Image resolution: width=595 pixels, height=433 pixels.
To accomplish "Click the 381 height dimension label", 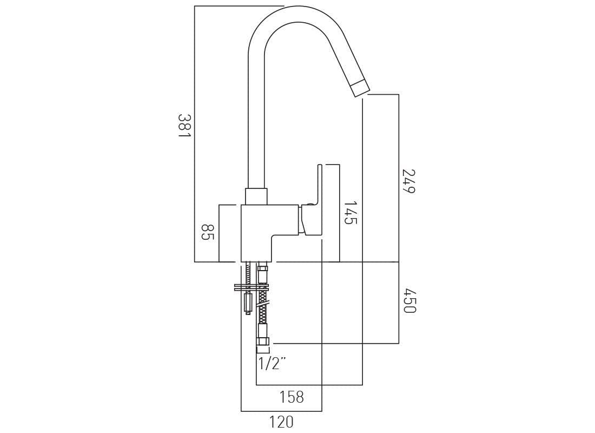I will tap(184, 126).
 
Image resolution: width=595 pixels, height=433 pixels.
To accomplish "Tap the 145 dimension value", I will tap(351, 213).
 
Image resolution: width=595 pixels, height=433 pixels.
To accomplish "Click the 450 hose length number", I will tap(409, 301).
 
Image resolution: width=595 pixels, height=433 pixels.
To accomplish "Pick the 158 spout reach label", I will tap(292, 397).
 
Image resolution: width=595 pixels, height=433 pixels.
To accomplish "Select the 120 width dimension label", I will tap(281, 422).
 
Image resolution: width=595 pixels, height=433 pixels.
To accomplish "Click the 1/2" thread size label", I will tap(272, 363).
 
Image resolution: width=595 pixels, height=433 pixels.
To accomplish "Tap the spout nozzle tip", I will tap(360, 88).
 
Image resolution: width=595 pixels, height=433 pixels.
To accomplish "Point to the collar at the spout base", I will tap(256, 196).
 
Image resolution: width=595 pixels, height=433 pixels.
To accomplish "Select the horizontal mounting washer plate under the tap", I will tap(251, 287).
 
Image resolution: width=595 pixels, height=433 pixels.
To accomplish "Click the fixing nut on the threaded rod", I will tap(248, 301).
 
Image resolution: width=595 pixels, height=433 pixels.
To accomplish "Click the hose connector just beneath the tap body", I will tap(263, 275).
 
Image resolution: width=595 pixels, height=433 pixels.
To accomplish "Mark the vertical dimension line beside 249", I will tap(399, 179).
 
